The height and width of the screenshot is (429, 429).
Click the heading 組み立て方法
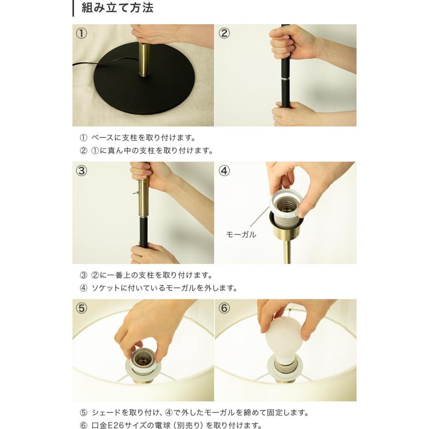tap(117, 8)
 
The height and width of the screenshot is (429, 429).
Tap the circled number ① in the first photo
tap(81, 33)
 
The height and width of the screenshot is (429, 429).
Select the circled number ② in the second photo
tap(224, 33)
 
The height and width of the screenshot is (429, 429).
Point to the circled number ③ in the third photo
tap(81, 171)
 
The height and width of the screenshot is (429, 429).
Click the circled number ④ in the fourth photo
tap(224, 171)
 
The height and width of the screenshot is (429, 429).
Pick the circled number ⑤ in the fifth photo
tap(81, 308)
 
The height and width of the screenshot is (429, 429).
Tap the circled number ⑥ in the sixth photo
tap(224, 308)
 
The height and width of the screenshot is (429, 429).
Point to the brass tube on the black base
tap(144, 60)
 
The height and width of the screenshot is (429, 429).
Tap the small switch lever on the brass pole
tap(135, 193)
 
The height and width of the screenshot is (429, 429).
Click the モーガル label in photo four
tap(241, 235)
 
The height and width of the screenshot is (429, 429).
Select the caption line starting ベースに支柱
tap(138, 138)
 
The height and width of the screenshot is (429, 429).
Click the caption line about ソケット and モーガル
tap(158, 288)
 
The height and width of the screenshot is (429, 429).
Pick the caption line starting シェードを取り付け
tap(194, 412)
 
